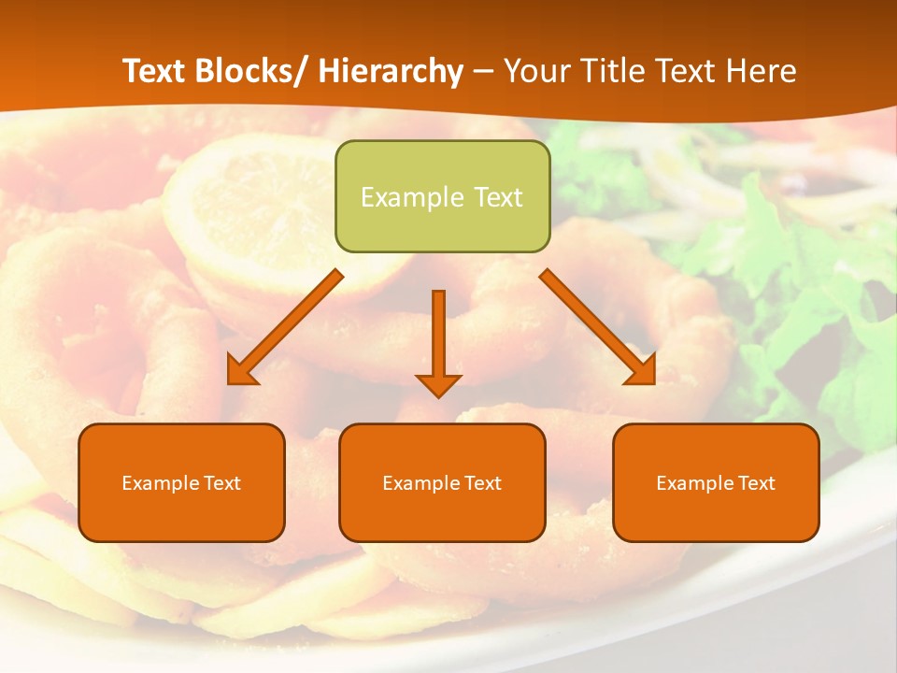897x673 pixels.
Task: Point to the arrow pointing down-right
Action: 599,326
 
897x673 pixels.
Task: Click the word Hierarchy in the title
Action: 391,71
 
